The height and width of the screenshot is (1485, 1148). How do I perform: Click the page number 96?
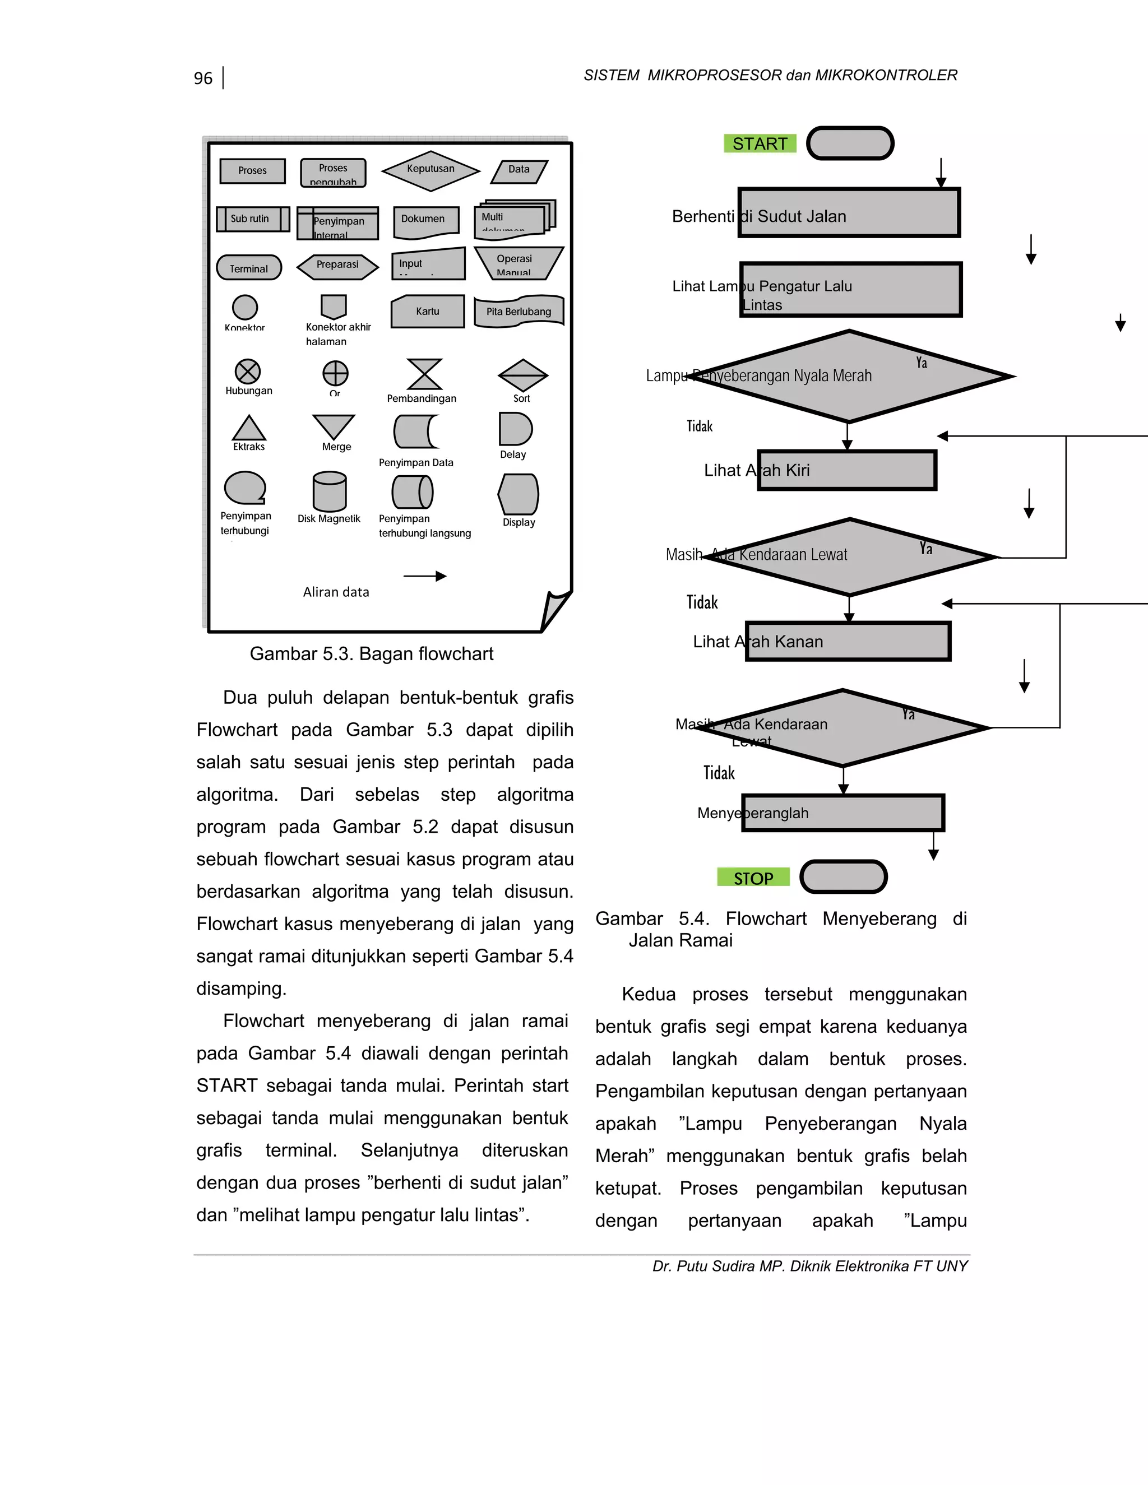203,78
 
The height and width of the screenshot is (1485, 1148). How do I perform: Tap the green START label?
760,143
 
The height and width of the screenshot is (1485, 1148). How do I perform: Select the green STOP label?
753,878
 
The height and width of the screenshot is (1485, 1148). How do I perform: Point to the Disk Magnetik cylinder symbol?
330,491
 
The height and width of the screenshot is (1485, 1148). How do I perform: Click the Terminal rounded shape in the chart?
249,268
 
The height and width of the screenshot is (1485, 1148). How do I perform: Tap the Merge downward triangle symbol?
334,427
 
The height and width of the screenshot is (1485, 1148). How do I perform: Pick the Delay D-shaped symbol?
515,429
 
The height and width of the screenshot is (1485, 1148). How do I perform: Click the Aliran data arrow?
425,576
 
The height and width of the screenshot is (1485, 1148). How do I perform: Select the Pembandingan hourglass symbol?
424,374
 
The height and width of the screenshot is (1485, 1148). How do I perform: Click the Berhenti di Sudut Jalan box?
849,213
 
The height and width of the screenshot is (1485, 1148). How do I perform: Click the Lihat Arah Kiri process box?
847,470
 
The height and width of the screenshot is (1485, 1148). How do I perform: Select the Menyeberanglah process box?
843,813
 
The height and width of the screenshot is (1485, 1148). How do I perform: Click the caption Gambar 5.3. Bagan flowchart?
371,653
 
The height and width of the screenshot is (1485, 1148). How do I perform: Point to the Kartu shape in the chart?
427,312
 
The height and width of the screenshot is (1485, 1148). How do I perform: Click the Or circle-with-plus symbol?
335,373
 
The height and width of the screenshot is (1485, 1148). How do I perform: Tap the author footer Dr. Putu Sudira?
809,1266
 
